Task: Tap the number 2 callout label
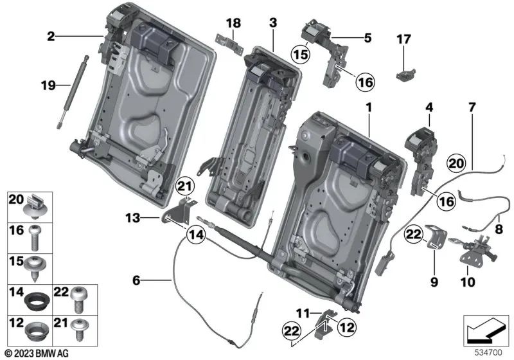50,37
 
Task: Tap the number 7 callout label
472,107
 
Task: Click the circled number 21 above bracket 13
184,186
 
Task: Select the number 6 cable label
136,280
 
